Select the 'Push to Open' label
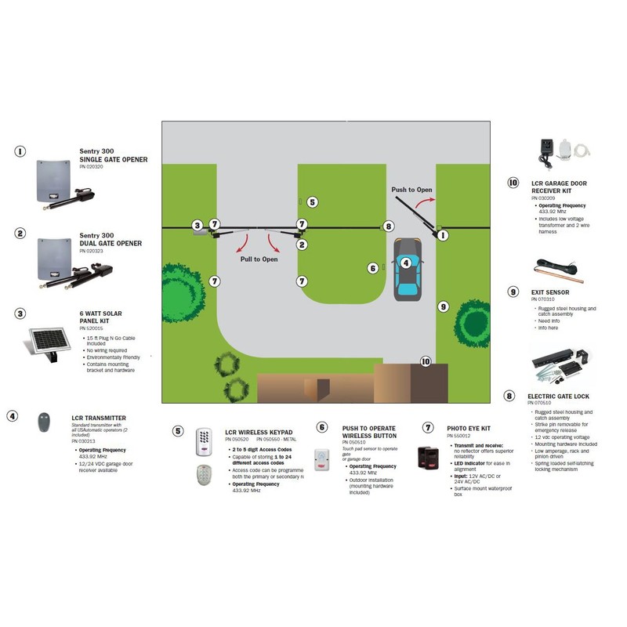[x=411, y=190]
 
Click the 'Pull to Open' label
[x=259, y=259]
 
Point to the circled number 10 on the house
[x=426, y=361]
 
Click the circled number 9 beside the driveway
[x=442, y=306]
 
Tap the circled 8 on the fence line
[x=388, y=227]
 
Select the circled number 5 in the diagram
[x=312, y=202]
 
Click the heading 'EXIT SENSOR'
[x=549, y=291]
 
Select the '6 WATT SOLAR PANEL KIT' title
[x=101, y=318]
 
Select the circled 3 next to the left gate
[x=197, y=226]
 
